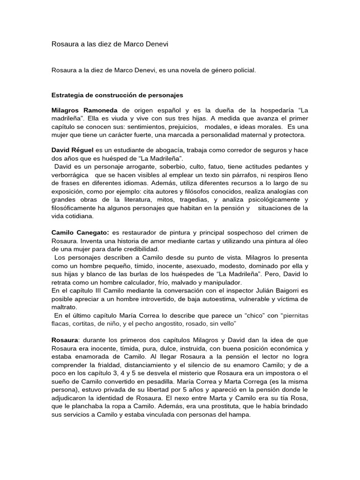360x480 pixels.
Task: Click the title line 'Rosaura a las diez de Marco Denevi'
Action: tap(109, 44)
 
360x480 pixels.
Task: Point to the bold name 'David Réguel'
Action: tap(72, 150)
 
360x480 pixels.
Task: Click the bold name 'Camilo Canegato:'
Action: tap(80, 232)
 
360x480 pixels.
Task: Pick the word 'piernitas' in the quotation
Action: tap(294, 315)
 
